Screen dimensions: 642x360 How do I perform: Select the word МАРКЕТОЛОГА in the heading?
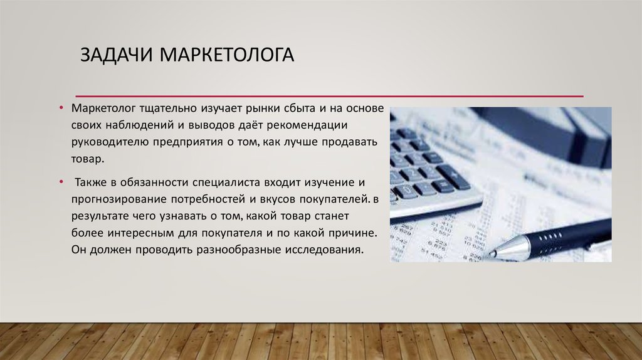226,55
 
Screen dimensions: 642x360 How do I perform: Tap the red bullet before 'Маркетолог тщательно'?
61,108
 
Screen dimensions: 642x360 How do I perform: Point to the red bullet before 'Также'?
61,181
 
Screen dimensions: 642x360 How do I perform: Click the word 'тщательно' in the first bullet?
168,109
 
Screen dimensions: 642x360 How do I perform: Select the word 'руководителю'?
110,142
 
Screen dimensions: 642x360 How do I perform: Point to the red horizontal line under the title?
330,96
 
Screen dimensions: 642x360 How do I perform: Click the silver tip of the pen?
492,253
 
